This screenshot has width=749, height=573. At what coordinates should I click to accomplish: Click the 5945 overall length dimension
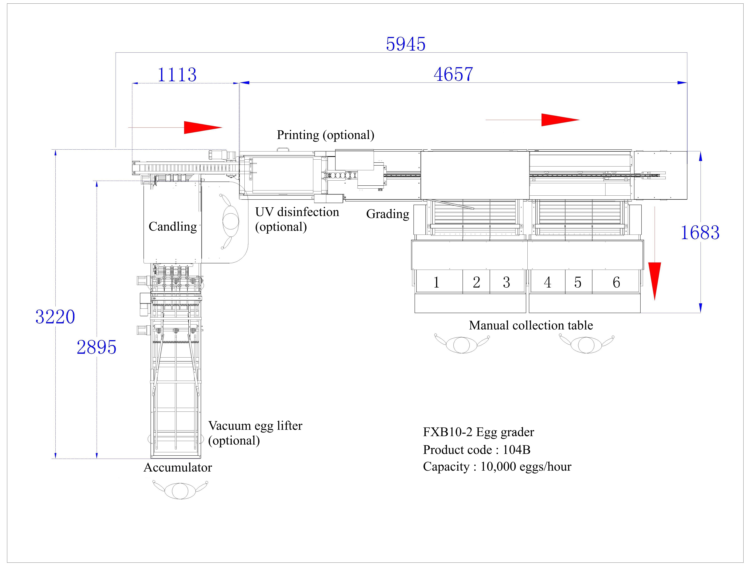point(406,44)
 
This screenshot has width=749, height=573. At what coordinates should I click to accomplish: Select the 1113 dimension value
point(177,75)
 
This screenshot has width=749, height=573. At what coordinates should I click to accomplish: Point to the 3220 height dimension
point(55,317)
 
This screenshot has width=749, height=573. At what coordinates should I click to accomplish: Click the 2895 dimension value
point(97,347)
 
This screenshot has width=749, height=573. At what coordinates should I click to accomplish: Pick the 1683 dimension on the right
point(700,233)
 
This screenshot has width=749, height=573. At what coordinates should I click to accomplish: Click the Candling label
point(173,226)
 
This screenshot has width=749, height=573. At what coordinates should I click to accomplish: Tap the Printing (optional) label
point(326,135)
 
